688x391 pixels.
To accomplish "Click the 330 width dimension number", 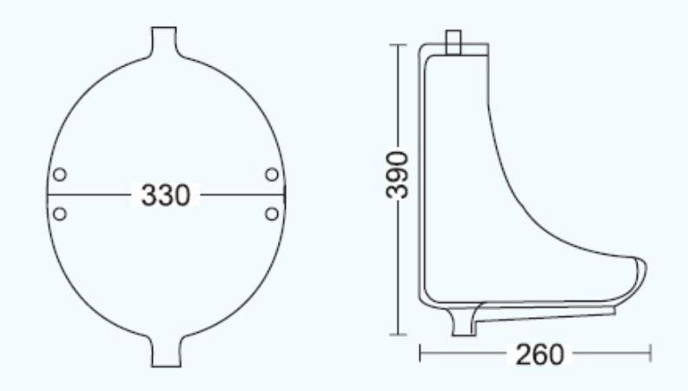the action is point(166,195).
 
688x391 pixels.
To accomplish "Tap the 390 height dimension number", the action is point(397,175).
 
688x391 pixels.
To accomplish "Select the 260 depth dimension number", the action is point(539,355).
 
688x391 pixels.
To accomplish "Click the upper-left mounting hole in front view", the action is point(60,175).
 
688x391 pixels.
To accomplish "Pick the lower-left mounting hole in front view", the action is point(60,214).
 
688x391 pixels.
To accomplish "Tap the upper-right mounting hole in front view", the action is point(272,175).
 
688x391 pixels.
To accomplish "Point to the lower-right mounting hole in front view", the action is point(272,214).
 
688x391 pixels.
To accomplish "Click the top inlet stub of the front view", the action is point(164,41).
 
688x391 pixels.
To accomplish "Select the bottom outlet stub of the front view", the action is point(166,352).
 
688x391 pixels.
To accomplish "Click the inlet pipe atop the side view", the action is point(453,42).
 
